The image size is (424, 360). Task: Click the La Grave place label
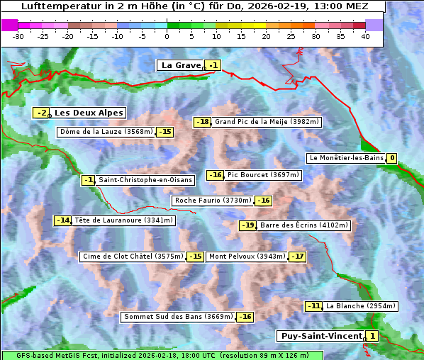pos(182,65)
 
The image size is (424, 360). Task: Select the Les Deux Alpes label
pos(89,113)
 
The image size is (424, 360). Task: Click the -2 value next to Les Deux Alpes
pos(42,113)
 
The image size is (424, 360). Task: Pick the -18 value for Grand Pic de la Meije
pos(203,122)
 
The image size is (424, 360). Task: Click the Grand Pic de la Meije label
pos(267,122)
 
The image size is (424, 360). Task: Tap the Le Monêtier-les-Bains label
pos(346,158)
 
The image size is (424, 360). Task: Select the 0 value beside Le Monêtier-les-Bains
pos(391,158)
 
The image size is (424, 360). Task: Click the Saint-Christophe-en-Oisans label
pos(145,180)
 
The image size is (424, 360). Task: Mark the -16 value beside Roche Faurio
pos(263,201)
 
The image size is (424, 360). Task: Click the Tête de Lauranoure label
pos(124,220)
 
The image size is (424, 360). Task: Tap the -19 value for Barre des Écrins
pos(247,225)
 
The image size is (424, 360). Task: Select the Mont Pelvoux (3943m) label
pos(247,257)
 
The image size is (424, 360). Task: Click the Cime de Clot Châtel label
pos(133,257)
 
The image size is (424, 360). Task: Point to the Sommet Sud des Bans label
pos(177,317)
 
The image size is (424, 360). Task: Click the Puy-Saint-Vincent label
pos(320,336)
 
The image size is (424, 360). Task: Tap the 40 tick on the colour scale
pos(365,35)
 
